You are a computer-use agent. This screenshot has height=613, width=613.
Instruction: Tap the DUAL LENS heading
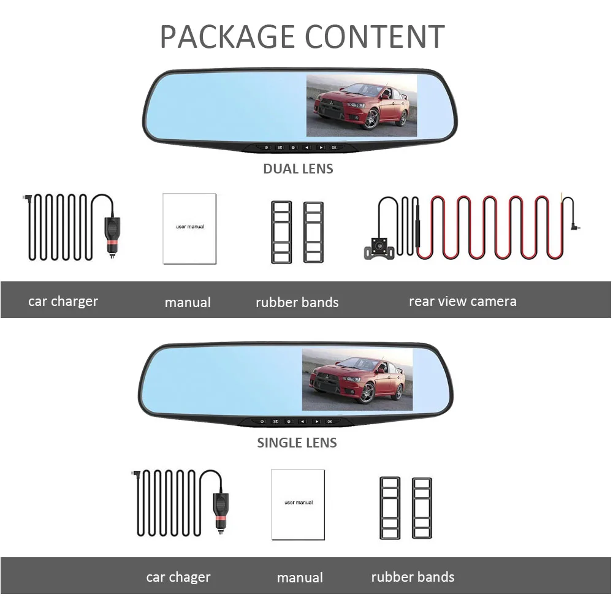point(298,169)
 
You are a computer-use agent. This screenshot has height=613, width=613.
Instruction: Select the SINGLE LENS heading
point(297,443)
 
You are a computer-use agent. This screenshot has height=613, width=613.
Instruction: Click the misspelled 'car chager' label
point(178,577)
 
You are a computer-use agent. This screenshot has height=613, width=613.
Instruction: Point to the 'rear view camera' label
point(462,301)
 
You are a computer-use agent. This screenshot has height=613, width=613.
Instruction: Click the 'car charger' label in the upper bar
point(63,301)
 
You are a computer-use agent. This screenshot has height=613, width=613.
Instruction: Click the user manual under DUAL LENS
point(189,229)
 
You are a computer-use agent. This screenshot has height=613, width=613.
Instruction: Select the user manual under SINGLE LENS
point(298,504)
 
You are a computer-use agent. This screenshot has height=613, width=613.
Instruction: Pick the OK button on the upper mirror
point(333,148)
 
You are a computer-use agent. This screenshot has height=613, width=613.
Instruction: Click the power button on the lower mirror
point(262,422)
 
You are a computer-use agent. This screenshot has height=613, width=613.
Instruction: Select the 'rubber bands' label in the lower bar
point(413,577)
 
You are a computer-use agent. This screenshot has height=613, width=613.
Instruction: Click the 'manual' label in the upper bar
point(188,302)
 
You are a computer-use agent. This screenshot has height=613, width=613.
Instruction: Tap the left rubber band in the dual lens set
point(282,232)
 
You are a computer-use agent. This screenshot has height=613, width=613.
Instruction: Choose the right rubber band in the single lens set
point(422,508)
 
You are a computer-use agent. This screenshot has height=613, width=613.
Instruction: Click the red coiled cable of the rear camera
point(490,227)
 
